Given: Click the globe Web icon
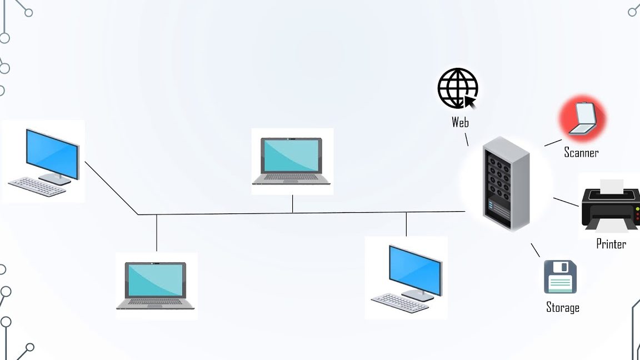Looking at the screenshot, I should [457, 88].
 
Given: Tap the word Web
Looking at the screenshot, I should [460, 123].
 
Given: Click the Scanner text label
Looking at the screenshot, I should [581, 152].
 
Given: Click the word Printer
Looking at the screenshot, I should [611, 244].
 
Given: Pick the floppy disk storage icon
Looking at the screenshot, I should [560, 277].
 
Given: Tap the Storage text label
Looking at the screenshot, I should [563, 308].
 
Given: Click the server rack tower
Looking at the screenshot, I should [505, 183].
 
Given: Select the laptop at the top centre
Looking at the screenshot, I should [292, 161].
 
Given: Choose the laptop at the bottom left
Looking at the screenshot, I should [156, 286].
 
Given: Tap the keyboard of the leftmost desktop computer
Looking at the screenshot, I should [37, 186].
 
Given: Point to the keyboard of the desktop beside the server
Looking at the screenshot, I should [401, 303].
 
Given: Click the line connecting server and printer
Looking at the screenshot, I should [566, 202].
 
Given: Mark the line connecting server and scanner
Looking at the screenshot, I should [553, 142].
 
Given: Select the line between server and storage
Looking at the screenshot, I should [536, 250].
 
